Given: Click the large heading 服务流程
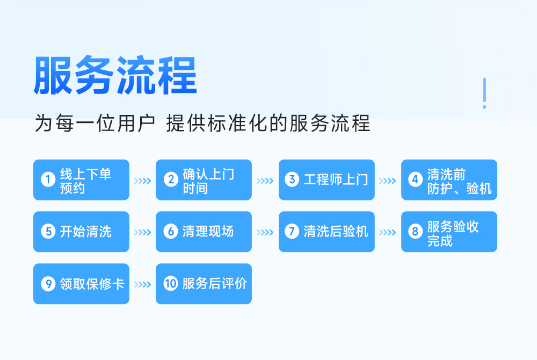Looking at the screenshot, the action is [x=115, y=75].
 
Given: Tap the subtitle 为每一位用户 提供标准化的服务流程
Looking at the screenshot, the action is [x=202, y=123].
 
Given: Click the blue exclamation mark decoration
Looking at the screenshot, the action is [x=484, y=93].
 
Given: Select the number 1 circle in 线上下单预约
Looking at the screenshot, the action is [x=48, y=179].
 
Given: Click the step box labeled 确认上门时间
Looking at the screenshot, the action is [x=204, y=180].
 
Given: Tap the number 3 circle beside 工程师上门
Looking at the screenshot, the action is [x=292, y=179].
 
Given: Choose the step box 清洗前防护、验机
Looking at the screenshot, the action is [x=449, y=180].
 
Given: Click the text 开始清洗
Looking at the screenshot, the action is [x=86, y=232].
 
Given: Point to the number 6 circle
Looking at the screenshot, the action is [x=171, y=231].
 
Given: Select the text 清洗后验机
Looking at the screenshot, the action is [x=336, y=232].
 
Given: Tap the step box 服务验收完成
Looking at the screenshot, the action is [x=449, y=232].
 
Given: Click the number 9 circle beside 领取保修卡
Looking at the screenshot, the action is [x=48, y=284].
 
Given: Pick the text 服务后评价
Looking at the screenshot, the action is [x=214, y=284].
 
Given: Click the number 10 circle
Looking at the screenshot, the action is [x=171, y=284].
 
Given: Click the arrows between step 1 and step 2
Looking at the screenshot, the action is [x=142, y=181].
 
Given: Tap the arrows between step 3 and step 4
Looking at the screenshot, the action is [x=387, y=181].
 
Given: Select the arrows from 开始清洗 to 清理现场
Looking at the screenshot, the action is [x=142, y=233].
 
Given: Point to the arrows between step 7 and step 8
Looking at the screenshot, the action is [x=387, y=233].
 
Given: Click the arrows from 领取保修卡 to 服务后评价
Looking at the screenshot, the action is [x=142, y=284].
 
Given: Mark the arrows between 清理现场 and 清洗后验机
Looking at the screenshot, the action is [x=265, y=233].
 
